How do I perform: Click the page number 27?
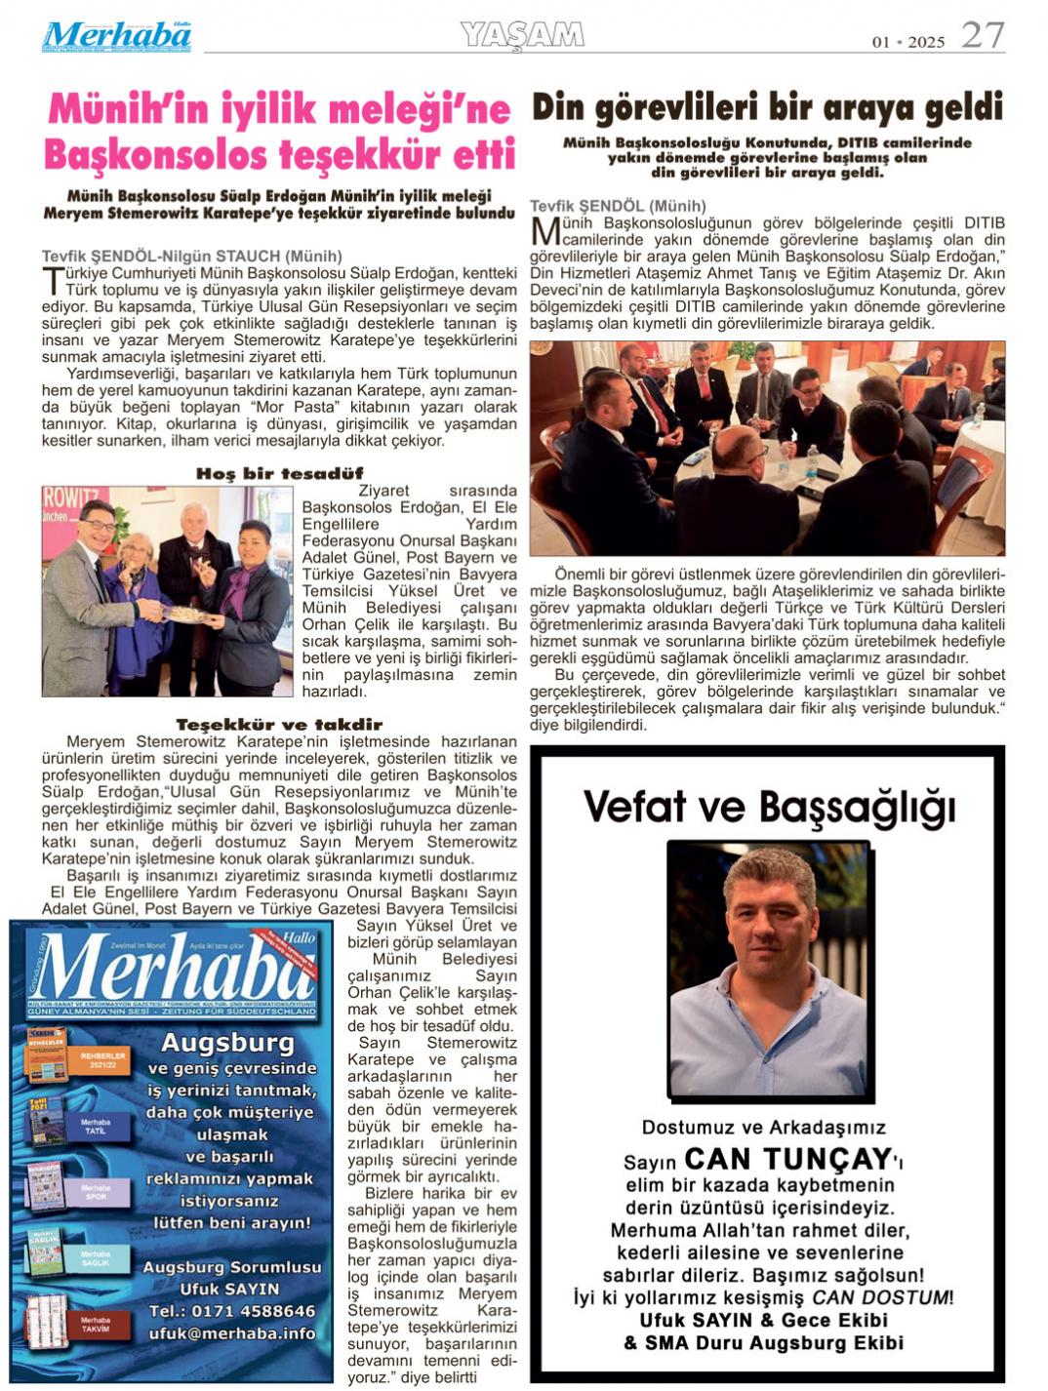982,35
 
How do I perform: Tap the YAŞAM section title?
522,35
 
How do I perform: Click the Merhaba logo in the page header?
116,37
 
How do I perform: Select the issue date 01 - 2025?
908,42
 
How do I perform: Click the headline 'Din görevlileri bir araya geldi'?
767,107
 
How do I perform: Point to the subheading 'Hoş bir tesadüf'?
279,473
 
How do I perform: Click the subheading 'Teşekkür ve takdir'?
279,724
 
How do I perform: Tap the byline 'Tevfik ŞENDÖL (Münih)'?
618,206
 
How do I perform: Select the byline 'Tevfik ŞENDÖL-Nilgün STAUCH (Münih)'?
192,257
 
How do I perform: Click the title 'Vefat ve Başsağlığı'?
769,808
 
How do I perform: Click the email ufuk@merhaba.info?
232,1333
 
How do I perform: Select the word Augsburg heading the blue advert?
227,1043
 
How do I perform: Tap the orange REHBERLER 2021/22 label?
103,1059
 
